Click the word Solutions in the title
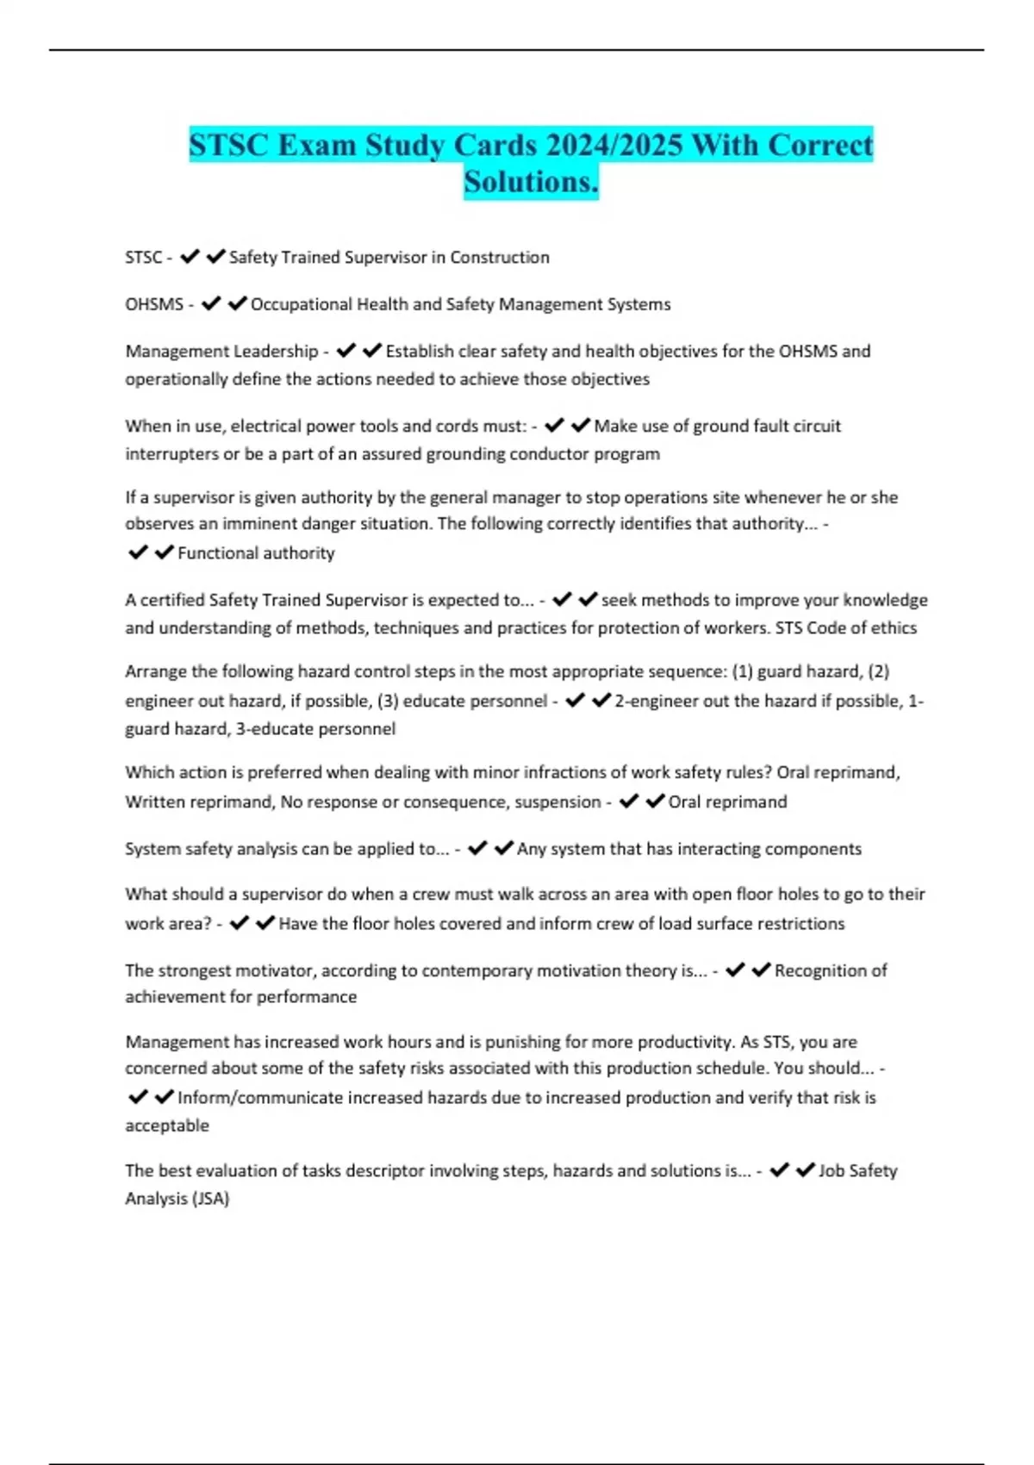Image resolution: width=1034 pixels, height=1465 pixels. point(530,182)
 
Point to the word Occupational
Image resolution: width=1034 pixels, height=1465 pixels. point(301,304)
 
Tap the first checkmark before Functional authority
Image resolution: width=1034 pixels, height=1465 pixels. point(138,552)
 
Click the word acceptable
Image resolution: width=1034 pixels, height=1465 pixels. point(167,1125)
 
